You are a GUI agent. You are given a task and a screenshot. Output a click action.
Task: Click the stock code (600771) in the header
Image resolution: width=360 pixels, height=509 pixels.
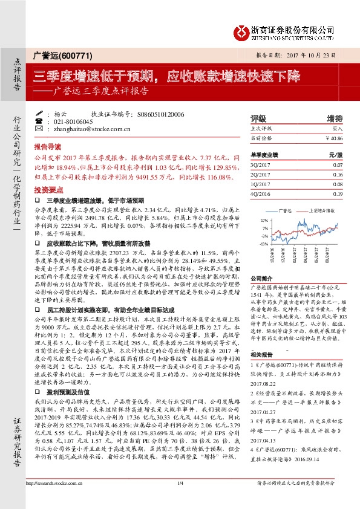click(x=78, y=56)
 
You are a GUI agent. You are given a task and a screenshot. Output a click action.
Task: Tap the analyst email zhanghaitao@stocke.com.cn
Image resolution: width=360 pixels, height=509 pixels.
click(x=85, y=129)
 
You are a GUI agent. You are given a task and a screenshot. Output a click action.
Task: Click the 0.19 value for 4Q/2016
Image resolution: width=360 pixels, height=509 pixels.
click(x=338, y=193)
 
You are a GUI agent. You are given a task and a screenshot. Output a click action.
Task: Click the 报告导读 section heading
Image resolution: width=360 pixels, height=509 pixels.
click(x=48, y=146)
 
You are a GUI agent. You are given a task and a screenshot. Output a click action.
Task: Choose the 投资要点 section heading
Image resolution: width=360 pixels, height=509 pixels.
click(x=48, y=189)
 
